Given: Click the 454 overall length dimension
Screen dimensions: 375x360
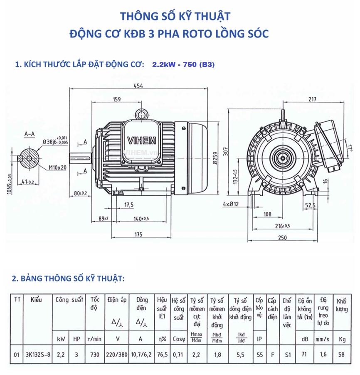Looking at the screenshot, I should (x=138, y=86).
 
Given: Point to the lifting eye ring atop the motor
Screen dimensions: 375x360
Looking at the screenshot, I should (x=143, y=113).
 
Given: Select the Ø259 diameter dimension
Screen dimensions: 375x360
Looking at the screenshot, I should (x=215, y=157).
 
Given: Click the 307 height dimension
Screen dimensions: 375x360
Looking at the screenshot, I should (x=226, y=152).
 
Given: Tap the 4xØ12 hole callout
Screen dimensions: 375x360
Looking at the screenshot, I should (x=231, y=204).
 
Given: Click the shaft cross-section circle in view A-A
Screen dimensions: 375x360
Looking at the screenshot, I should (x=29, y=158).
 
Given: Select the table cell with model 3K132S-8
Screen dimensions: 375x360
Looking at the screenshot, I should (x=38, y=355).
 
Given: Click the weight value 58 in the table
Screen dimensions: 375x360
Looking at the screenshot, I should (x=342, y=355).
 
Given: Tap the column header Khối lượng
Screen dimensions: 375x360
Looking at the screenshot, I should (x=342, y=305).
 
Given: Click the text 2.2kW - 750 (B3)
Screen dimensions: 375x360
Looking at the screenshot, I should (x=183, y=65).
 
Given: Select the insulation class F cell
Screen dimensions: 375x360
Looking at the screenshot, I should (x=272, y=355).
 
